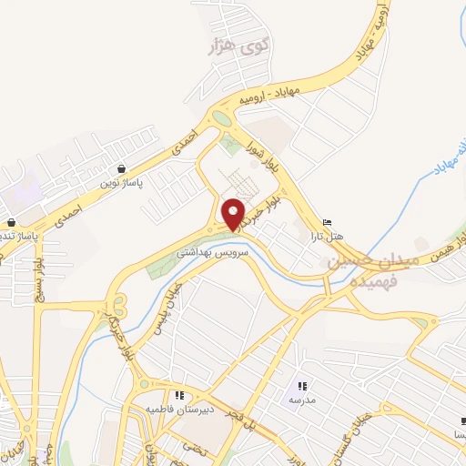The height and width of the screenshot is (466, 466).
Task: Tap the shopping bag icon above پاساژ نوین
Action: (121, 168)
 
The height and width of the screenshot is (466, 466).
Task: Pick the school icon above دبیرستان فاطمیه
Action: (180, 395)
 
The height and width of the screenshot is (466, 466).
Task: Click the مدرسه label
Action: (302, 400)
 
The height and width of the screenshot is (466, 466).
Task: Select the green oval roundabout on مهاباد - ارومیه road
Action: (221, 117)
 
